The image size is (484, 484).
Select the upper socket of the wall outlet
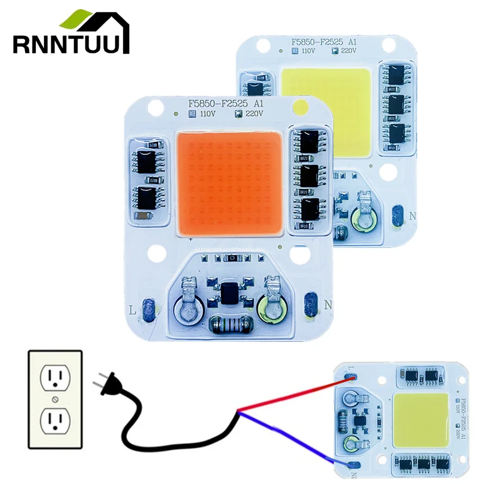coord(54,376)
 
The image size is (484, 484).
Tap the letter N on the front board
coord(327,305)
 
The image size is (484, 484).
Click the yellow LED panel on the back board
coord(327,109)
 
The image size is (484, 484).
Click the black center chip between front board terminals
coord(231,293)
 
